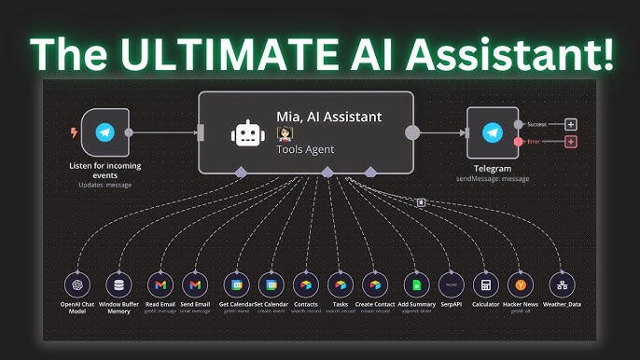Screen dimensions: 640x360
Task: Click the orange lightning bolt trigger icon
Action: coord(75,132)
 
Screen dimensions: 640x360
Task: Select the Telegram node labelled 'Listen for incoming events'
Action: coord(104,133)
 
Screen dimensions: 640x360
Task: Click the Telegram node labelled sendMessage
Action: coord(492,132)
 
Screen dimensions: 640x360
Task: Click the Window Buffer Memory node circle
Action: coord(118,284)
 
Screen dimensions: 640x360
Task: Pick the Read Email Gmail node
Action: coord(160,284)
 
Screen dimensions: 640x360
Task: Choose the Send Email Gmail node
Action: coord(194,284)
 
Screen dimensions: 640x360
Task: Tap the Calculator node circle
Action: coord(484,284)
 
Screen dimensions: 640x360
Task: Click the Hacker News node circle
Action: coord(520,284)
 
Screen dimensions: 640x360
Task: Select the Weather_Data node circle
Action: coord(561,284)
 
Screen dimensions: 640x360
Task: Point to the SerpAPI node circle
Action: coord(451,284)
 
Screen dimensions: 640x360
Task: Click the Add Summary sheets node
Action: coord(415,284)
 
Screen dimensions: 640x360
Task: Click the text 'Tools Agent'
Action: coord(304,149)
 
